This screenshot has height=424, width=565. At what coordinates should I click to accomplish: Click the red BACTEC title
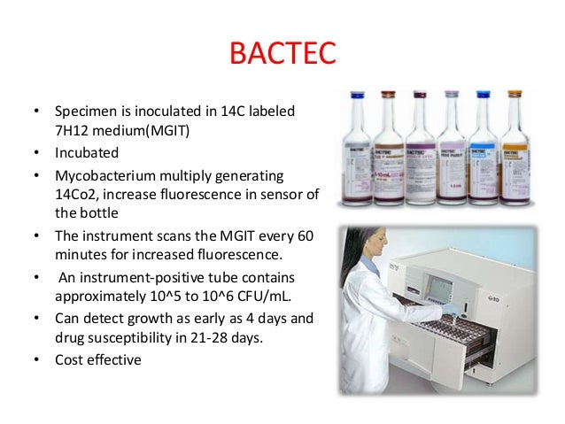point(282,54)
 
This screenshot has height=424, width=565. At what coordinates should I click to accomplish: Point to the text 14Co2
point(79,194)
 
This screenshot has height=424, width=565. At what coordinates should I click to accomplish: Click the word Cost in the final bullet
point(72,361)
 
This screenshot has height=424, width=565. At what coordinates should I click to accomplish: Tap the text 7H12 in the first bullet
point(74,132)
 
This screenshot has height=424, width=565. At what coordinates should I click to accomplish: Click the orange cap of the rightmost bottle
point(513,94)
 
